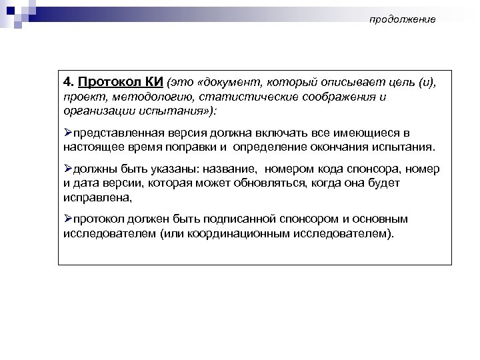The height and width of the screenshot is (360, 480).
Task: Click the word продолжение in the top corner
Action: (x=403, y=19)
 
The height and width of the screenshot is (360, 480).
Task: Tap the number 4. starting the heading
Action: (x=69, y=82)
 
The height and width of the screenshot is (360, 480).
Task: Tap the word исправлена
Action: (x=94, y=197)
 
